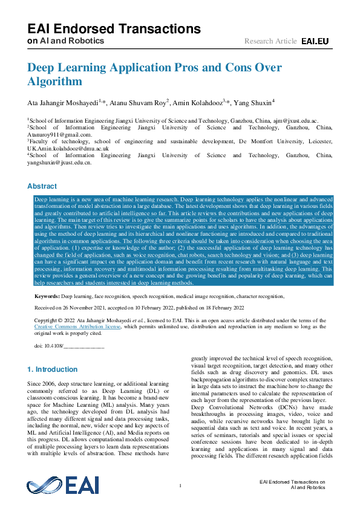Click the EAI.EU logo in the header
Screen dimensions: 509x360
pyautogui.click(x=315, y=41)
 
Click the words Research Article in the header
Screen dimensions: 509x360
pyautogui.click(x=270, y=41)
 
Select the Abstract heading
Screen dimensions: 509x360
pyautogui.click(x=42, y=186)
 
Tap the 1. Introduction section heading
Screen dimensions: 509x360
pyautogui.click(x=53, y=369)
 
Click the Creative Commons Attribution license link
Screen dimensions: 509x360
pyautogui.click(x=77, y=326)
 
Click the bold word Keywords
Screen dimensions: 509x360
pyautogui.click(x=47, y=297)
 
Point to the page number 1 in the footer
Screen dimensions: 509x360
pyautogui.click(x=180, y=486)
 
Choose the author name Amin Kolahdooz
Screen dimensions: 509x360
pyautogui.click(x=197, y=103)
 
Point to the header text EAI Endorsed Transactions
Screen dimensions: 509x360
pyautogui.click(x=114, y=29)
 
